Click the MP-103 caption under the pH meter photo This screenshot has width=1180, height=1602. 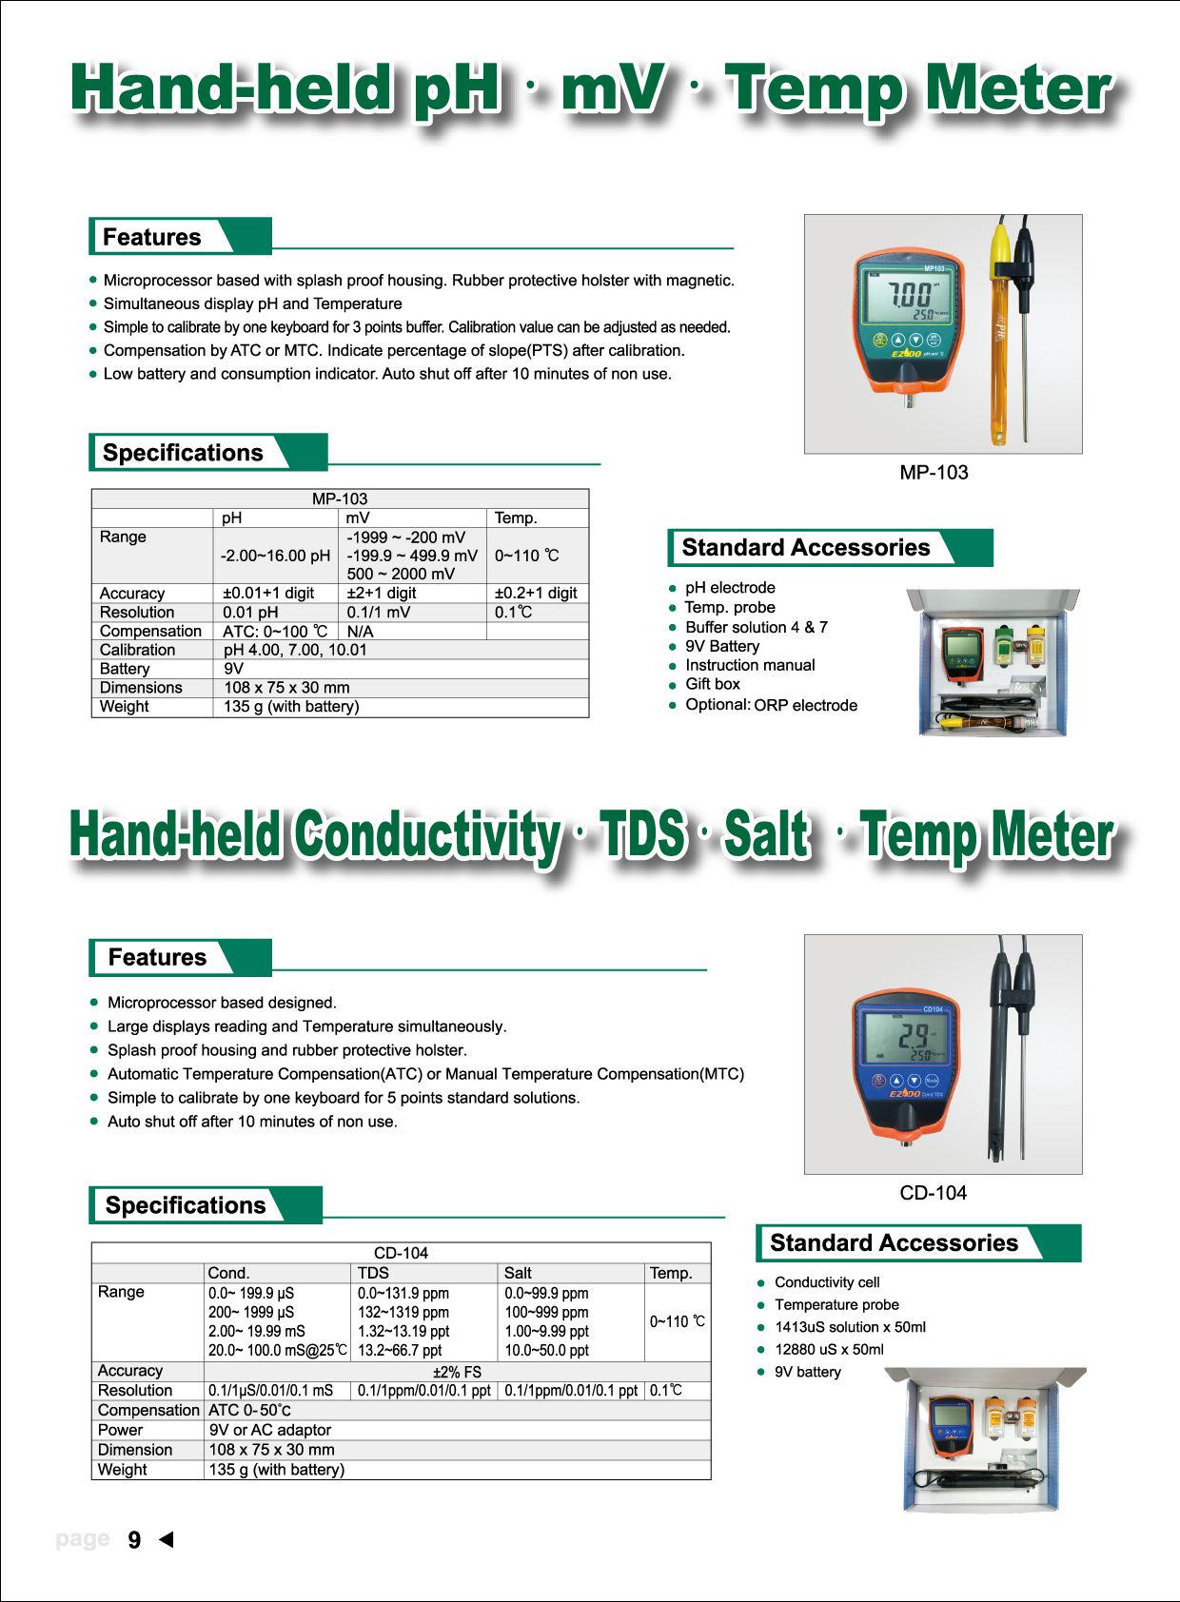pyautogui.click(x=934, y=472)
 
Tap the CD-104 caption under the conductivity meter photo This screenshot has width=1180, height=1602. pyautogui.click(x=933, y=1192)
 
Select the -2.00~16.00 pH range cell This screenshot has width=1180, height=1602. pyautogui.click(x=275, y=556)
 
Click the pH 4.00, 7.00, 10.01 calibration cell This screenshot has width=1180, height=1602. pyautogui.click(x=295, y=650)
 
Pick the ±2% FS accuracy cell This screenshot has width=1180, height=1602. pyautogui.click(x=457, y=1372)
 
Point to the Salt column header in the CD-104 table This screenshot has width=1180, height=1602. pyautogui.click(x=518, y=1273)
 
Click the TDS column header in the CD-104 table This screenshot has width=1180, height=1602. pyautogui.click(x=373, y=1273)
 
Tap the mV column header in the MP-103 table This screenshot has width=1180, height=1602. pyautogui.click(x=358, y=518)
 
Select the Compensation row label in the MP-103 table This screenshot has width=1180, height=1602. pyautogui.click(x=150, y=631)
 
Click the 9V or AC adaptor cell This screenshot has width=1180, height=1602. pyautogui.click(x=270, y=1430)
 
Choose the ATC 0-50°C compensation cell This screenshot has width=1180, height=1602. pyautogui.click(x=249, y=1410)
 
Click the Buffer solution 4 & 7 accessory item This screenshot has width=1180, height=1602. pyautogui.click(x=756, y=627)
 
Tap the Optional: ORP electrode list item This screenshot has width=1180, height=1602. pyautogui.click(x=771, y=705)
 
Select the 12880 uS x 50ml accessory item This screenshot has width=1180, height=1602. pyautogui.click(x=829, y=1349)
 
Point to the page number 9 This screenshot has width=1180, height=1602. pyautogui.click(x=134, y=1540)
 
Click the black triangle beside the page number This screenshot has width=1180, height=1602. pyautogui.click(x=167, y=1539)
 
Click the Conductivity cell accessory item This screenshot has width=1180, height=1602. pyautogui.click(x=827, y=1282)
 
